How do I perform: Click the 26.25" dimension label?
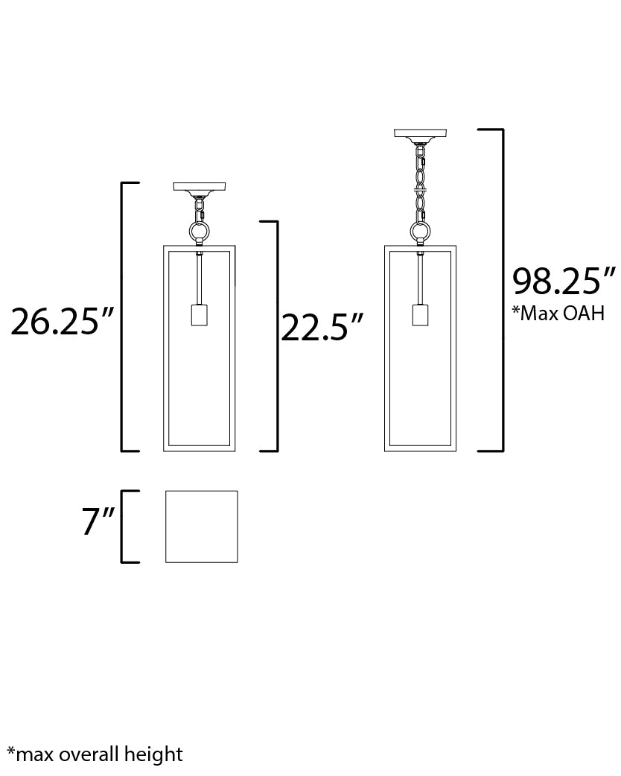coord(63,322)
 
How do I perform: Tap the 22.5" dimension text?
coord(322,328)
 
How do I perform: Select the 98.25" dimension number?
coord(564,282)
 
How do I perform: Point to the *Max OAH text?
coord(558,313)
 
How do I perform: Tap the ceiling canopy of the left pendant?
coord(199,188)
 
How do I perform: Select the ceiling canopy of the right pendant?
coord(420,135)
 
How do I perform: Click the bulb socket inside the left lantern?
coord(199,315)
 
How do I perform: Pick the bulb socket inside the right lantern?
coord(421,315)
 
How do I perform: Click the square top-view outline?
coord(201,527)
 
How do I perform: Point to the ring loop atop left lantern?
coord(199,232)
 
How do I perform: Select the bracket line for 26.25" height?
coord(122,317)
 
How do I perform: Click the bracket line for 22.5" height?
coord(277,335)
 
